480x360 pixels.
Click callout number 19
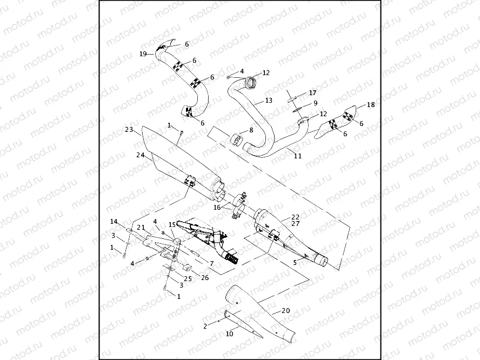tap(143, 54)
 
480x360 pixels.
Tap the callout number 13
tap(269, 101)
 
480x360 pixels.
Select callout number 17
tap(312, 93)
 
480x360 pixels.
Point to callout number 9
tap(315, 103)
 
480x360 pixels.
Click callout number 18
tap(370, 104)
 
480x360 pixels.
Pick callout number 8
tap(250, 130)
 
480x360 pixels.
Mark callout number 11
tap(297, 156)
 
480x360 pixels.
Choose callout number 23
tap(129, 130)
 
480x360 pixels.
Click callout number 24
tap(140, 155)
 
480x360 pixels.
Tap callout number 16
tap(217, 207)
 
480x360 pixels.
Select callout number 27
tap(295, 223)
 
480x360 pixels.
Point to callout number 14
tap(114, 222)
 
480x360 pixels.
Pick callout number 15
tap(171, 224)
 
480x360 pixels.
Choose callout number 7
tap(211, 263)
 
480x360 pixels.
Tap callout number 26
tap(204, 277)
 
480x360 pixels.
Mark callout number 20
tap(286, 311)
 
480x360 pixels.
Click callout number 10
tap(229, 335)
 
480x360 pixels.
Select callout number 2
tap(205, 326)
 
